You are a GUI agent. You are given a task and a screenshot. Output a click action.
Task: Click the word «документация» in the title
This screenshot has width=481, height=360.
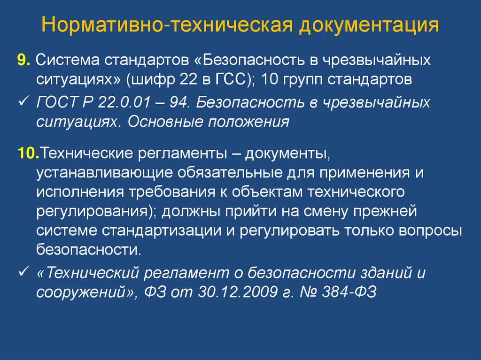pyautogui.click(x=369, y=25)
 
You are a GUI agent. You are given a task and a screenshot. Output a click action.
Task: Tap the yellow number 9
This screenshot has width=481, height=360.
pyautogui.click(x=23, y=60)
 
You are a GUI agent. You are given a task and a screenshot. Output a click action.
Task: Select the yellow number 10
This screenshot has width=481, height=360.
pyautogui.click(x=29, y=153)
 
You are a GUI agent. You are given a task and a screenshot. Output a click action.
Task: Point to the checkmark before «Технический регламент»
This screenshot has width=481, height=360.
pyautogui.click(x=23, y=271)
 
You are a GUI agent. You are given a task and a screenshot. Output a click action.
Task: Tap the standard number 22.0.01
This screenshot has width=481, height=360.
pyautogui.click(x=124, y=102)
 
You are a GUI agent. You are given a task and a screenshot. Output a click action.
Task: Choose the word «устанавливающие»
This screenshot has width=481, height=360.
pyautogui.click(x=105, y=173)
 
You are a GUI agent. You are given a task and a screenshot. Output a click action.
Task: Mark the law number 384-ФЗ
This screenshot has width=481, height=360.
pyautogui.click(x=349, y=292)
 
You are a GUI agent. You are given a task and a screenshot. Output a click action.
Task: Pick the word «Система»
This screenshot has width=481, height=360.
pyautogui.click(x=68, y=60)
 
